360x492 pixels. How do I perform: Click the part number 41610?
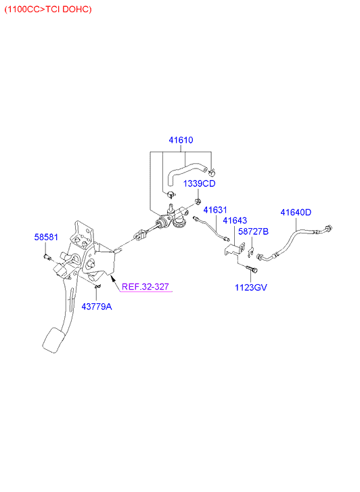click(181, 140)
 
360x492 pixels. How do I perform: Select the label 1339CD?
click(199, 183)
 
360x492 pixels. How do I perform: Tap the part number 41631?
click(215, 210)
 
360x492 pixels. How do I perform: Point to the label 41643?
click(235, 220)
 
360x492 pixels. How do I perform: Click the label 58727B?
click(253, 231)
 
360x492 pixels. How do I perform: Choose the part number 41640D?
click(296, 213)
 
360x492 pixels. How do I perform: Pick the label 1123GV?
click(251, 288)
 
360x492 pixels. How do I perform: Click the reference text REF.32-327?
click(145, 286)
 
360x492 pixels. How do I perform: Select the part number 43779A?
click(97, 307)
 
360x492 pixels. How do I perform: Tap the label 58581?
click(46, 237)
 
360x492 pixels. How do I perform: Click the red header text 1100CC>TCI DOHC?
click(48, 9)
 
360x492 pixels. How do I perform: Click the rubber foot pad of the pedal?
click(53, 340)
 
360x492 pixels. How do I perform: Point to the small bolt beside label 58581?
click(47, 257)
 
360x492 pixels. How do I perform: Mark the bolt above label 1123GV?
click(252, 269)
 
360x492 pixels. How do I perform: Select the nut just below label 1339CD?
click(198, 201)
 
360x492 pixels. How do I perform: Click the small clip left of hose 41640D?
click(250, 252)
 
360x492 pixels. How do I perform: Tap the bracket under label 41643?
click(235, 249)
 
